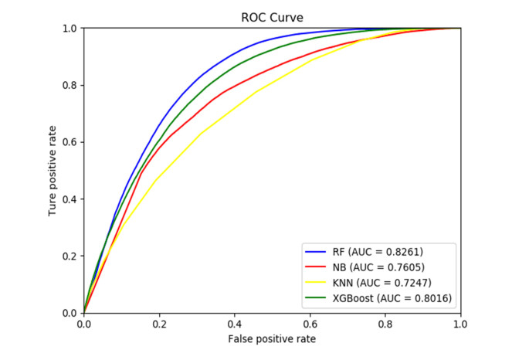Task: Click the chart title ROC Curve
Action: coord(272,18)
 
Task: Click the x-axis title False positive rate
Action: coord(272,339)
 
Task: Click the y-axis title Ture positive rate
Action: coord(53,170)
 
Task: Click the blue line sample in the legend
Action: coord(318,252)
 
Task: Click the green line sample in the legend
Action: coord(318,297)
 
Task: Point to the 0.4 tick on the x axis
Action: coord(235,324)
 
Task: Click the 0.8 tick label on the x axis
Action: coord(385,324)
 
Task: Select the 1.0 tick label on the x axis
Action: coord(461,324)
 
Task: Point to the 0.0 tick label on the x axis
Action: coord(83,324)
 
